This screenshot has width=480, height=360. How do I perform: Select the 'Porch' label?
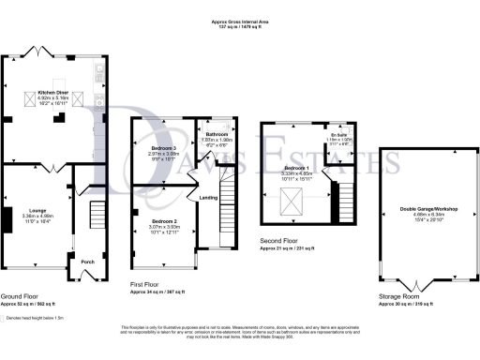coord(87,262)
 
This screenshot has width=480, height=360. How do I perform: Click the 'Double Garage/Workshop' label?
coord(420,209)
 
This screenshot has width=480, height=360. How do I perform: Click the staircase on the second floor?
coord(343,197)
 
